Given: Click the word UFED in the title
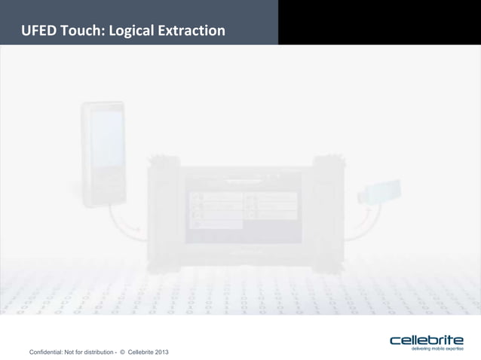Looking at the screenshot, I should [x=38, y=31].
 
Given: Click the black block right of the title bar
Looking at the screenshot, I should [x=379, y=22].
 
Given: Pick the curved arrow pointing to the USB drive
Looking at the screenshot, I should [x=360, y=219].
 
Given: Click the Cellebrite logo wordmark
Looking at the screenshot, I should [x=426, y=340].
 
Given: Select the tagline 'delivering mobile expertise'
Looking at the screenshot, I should [x=437, y=349].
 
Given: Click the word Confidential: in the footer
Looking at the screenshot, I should [x=47, y=352].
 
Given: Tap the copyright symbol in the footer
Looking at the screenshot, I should [x=123, y=352].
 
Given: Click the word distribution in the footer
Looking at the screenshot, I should [x=93, y=352].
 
